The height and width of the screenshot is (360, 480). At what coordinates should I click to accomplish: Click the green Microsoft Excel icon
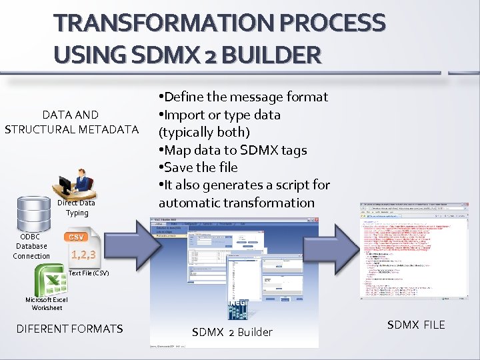tap(51, 279)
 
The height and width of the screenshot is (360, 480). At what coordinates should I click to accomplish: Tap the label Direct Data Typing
tap(76, 207)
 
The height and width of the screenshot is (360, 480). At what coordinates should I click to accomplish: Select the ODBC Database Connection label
tap(31, 246)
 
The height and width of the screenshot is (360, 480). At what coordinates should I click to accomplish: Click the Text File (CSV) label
tap(88, 273)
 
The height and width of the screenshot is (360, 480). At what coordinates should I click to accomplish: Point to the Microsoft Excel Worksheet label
tap(47, 303)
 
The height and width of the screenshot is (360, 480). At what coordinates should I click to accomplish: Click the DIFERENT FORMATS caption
tap(69, 328)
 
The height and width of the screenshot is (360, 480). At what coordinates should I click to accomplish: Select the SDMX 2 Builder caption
tap(232, 332)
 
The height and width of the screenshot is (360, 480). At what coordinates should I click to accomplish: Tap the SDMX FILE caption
tap(416, 325)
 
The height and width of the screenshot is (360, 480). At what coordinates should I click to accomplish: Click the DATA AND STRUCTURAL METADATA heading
tap(71, 121)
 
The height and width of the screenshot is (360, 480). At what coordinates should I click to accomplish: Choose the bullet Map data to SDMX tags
tap(232, 150)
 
